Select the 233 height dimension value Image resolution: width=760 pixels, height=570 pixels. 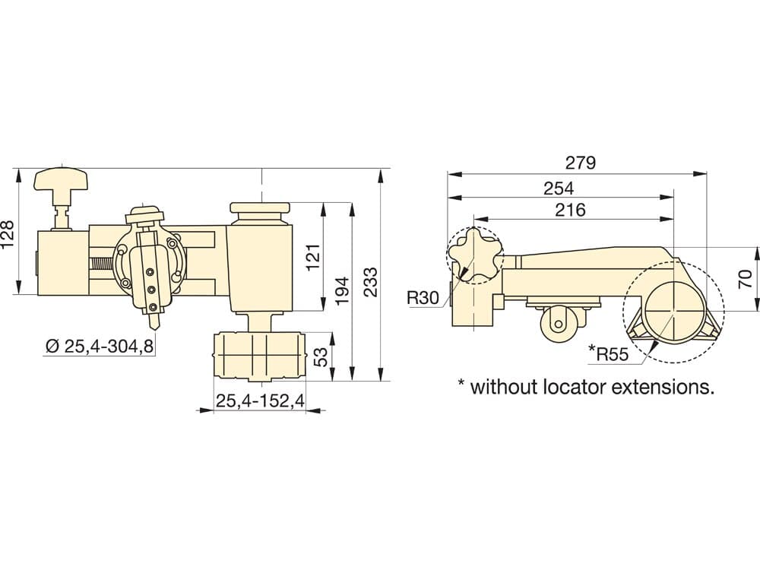tap(370, 281)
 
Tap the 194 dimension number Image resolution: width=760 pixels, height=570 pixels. tap(342, 290)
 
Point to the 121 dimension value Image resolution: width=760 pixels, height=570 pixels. tap(314, 257)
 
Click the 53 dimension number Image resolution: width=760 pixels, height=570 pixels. tap(321, 356)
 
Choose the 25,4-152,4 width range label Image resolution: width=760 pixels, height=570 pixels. tap(260, 401)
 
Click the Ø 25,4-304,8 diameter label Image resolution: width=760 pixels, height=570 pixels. tap(100, 346)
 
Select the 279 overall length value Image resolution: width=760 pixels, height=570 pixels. tap(580, 163)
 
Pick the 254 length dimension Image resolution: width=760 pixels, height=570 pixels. tap(559, 188)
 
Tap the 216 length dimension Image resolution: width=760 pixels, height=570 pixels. tap(571, 210)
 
